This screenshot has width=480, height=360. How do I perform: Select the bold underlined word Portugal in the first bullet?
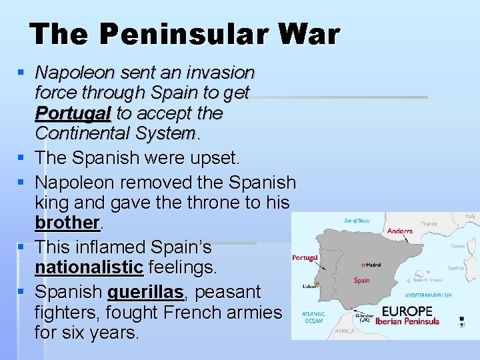73,113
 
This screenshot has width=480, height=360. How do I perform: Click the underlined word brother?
67,222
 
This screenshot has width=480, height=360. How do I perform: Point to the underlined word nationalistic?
89,268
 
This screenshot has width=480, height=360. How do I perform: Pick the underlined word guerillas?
146,292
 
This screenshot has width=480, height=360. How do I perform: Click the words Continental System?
115,133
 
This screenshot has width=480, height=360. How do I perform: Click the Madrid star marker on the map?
363,265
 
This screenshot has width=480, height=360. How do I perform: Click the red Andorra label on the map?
400,231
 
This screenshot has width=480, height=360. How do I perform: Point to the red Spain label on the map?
362,280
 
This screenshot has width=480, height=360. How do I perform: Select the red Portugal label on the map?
305,258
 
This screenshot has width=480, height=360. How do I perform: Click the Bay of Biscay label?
356,221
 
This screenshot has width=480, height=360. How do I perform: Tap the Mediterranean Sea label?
429,295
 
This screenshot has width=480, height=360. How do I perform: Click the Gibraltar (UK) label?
365,317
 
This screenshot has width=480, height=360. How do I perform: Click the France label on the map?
429,225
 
